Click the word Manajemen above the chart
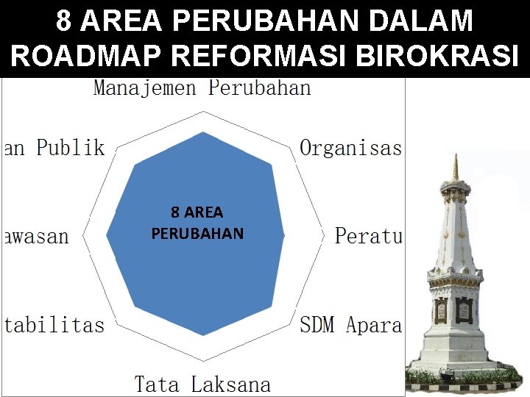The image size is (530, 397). (144, 89)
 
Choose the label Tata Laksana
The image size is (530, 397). (202, 384)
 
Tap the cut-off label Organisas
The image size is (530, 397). (350, 149)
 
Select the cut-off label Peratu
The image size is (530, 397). (368, 236)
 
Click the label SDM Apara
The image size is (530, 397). (350, 325)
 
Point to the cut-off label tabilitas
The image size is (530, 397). (54, 325)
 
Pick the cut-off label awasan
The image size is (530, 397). (35, 236)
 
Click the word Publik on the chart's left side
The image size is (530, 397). (71, 148)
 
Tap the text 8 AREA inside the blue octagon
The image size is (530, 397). (197, 213)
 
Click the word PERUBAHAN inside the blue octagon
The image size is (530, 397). (197, 234)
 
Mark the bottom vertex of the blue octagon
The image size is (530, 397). (203, 335)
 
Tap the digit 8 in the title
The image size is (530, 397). (64, 21)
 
